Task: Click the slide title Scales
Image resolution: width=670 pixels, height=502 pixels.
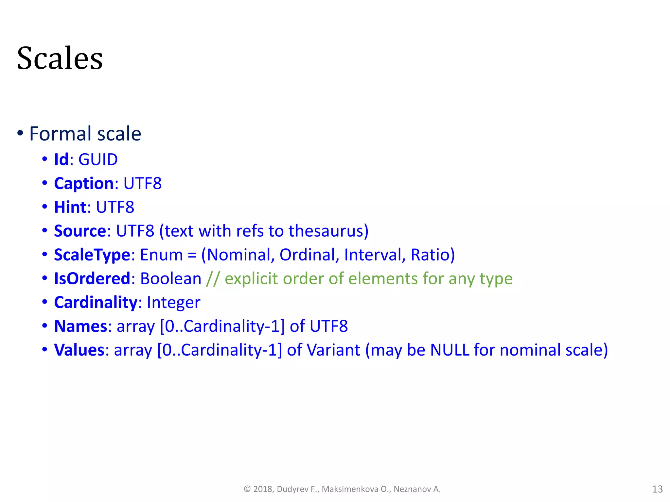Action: tap(60, 58)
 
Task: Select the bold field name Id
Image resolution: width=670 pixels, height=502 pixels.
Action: tap(61, 159)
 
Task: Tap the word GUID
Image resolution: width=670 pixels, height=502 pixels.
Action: tap(98, 159)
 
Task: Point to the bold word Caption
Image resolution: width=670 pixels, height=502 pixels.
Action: tap(84, 183)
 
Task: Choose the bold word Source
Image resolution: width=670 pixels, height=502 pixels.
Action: tap(80, 231)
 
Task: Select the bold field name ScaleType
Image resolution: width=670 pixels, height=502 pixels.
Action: tap(92, 255)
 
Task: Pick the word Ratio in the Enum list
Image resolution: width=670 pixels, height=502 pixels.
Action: tap(430, 255)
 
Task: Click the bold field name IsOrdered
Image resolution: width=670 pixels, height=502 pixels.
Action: tap(92, 279)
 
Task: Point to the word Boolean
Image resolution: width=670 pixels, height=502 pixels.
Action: tap(170, 279)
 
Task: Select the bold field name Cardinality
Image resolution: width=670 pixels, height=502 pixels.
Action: tap(96, 303)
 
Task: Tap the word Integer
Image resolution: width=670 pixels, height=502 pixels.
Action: tap(173, 303)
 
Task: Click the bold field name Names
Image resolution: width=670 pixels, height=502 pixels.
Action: tap(80, 326)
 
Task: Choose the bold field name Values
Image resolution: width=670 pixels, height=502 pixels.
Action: tap(79, 350)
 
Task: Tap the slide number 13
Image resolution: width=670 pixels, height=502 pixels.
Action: tap(657, 489)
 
